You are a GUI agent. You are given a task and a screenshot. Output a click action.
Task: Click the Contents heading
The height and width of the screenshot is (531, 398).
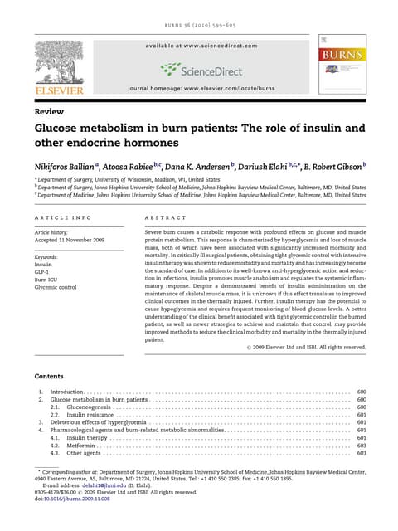[52, 376]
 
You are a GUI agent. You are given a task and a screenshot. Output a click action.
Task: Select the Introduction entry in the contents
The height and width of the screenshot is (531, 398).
[68, 391]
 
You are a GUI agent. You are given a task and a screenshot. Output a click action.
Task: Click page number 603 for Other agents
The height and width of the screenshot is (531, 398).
[361, 454]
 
